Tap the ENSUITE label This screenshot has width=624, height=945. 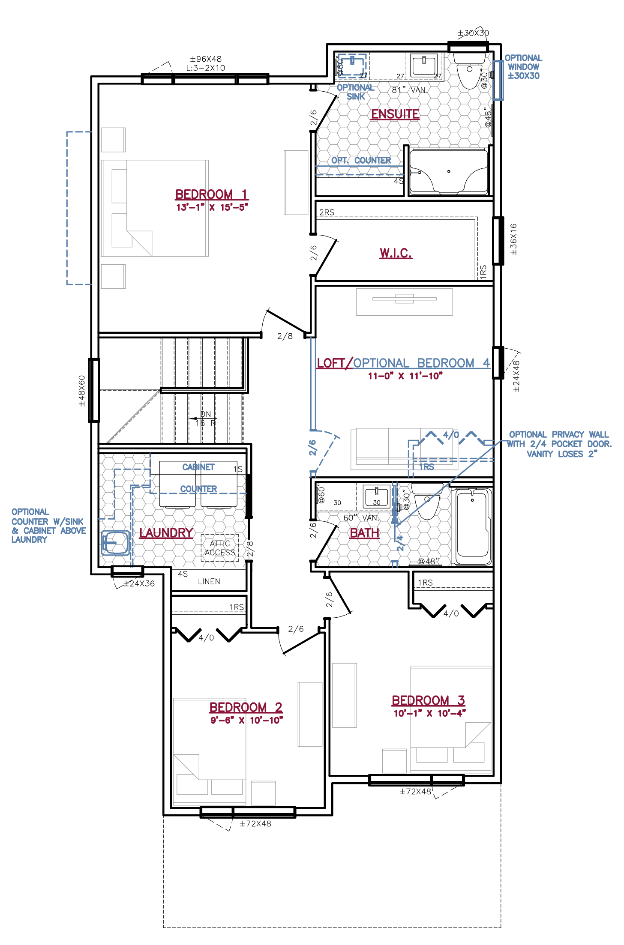395,114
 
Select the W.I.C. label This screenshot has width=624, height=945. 396,253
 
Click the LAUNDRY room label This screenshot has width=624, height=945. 166,533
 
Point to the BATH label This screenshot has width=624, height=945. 364,533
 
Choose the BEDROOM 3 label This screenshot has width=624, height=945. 428,700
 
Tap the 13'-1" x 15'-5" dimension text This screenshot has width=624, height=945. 212,208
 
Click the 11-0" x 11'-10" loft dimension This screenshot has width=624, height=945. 405,376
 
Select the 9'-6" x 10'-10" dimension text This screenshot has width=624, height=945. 246,721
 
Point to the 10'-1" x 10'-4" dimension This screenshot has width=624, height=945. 429,714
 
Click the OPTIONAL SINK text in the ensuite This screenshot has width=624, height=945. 355,92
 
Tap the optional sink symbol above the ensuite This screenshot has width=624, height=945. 352,66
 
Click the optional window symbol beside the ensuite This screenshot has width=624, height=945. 497,81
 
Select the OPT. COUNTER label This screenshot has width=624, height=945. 361,161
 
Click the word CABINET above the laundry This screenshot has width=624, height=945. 198,467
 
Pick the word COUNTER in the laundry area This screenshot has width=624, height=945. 198,489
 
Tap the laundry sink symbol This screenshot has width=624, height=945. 115,543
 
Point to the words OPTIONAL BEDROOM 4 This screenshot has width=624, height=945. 422,363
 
